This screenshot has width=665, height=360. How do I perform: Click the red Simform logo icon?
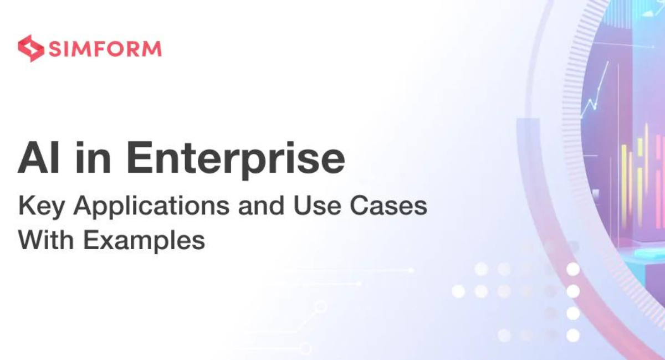[30, 48]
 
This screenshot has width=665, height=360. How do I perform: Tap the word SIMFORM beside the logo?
[105, 49]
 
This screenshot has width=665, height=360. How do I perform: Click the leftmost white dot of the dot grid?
[458, 291]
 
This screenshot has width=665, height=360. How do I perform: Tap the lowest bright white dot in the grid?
[573, 335]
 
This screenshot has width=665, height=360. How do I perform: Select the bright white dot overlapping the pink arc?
[573, 269]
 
